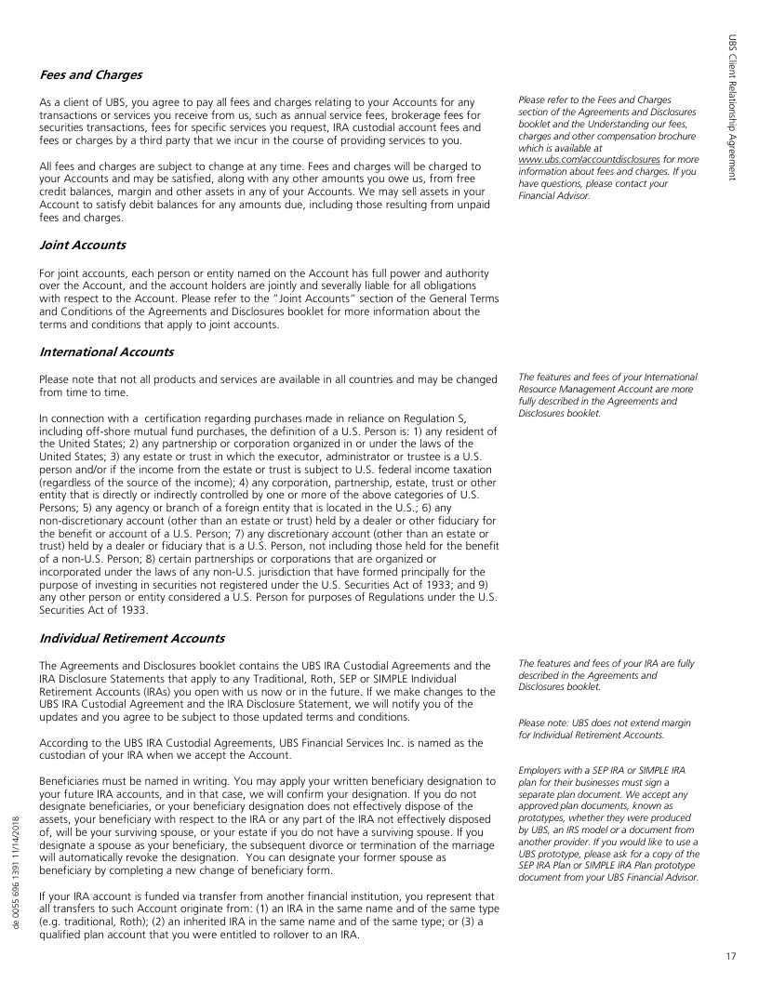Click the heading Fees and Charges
pyautogui.click(x=89, y=73)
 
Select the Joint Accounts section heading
pyautogui.click(x=83, y=245)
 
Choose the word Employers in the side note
pyautogui.click(x=544, y=770)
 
